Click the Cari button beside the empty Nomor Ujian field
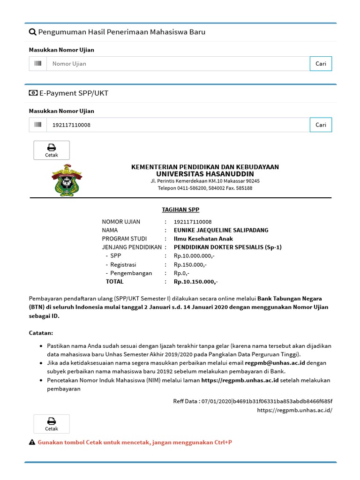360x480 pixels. tap(321, 64)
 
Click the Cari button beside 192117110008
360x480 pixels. tap(321, 125)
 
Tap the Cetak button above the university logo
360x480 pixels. tap(52, 150)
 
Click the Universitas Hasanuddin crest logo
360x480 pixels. tap(66, 180)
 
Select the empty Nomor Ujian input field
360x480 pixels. tap(178, 64)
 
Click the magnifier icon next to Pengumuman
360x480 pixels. tap(32, 32)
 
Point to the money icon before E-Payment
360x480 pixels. tap(33, 93)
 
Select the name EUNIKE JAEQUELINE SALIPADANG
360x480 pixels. tap(221, 230)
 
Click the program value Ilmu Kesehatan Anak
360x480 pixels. tap(200, 239)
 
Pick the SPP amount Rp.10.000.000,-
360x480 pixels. tap(194, 256)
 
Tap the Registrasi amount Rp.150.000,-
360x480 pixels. tap(190, 264)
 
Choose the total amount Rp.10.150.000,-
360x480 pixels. tap(196, 282)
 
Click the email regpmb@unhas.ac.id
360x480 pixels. tap(274, 363)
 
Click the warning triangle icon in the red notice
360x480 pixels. tap(32, 442)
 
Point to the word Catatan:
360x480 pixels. tap(41, 333)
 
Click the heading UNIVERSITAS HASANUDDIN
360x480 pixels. tap(205, 174)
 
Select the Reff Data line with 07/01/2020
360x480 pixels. tap(253, 401)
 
